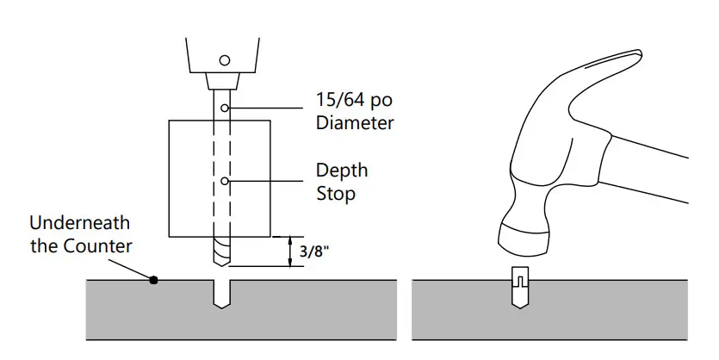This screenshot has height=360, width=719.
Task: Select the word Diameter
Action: pyautogui.click(x=355, y=123)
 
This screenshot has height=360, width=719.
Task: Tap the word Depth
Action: pyautogui.click(x=342, y=171)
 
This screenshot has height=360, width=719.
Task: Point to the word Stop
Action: pyautogui.click(x=335, y=194)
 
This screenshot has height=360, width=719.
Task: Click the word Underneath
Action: pyautogui.click(x=80, y=223)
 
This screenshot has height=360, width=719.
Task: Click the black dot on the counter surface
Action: pyautogui.click(x=153, y=279)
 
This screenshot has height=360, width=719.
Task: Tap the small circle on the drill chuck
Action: pyautogui.click(x=225, y=60)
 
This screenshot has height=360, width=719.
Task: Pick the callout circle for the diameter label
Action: pyautogui.click(x=225, y=108)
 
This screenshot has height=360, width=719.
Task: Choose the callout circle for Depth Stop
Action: pyautogui.click(x=225, y=181)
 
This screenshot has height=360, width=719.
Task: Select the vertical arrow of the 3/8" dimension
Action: pyautogui.click(x=288, y=251)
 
